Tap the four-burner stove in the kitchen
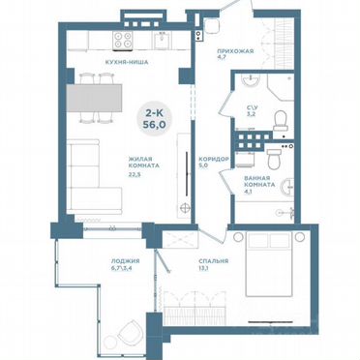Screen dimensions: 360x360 click(x=124, y=40)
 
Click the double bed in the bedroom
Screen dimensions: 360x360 click(x=270, y=272)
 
